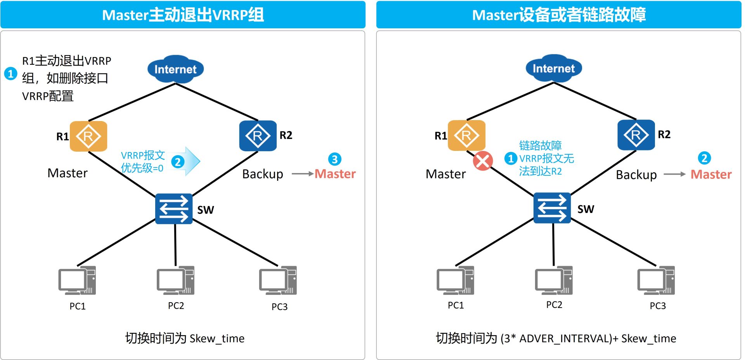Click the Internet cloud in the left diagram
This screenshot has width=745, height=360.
point(175,69)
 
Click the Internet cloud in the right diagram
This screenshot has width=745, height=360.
point(554,68)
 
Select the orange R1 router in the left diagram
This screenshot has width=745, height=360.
point(88,136)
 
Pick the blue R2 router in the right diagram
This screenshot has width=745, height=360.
point(636,135)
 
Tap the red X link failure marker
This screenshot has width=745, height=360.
point(483,161)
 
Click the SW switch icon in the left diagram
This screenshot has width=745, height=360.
point(174,209)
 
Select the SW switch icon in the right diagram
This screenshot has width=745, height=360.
point(552,208)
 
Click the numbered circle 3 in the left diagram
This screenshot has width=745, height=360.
point(334,159)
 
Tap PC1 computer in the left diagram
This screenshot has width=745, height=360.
point(77,280)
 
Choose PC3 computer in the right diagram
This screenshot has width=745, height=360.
point(656,280)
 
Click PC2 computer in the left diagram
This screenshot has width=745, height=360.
point(175,280)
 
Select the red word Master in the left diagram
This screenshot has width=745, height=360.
point(335,174)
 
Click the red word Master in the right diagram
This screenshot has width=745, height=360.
point(711,175)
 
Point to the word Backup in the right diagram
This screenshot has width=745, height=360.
point(636,175)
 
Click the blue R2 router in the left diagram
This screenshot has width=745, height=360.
point(258,136)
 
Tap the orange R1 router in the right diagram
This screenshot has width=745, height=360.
point(466,135)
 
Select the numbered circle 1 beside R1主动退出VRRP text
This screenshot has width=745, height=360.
point(10,73)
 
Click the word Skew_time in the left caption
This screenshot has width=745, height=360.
point(217,339)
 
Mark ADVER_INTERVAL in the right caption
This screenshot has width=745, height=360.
point(566,339)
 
